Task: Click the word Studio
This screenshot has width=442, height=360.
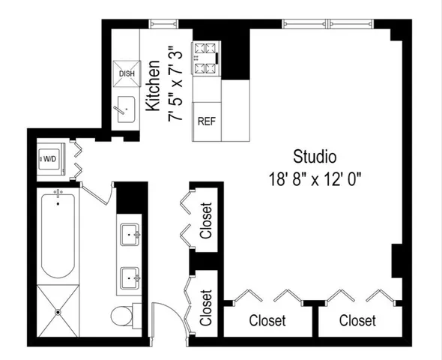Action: [315, 157]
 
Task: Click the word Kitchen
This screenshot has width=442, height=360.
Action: [153, 86]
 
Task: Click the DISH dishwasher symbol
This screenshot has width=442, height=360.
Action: [126, 73]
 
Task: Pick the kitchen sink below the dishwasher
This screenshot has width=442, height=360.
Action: [124, 110]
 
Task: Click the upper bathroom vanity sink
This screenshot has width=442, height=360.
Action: [131, 235]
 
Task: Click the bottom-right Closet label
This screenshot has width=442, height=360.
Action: [357, 321]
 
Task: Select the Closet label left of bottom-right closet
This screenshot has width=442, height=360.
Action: [267, 321]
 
